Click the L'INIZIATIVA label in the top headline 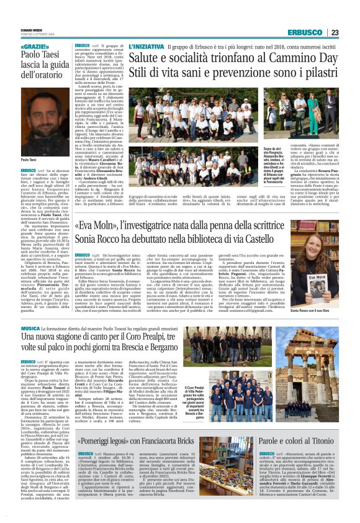pos(148,47)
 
